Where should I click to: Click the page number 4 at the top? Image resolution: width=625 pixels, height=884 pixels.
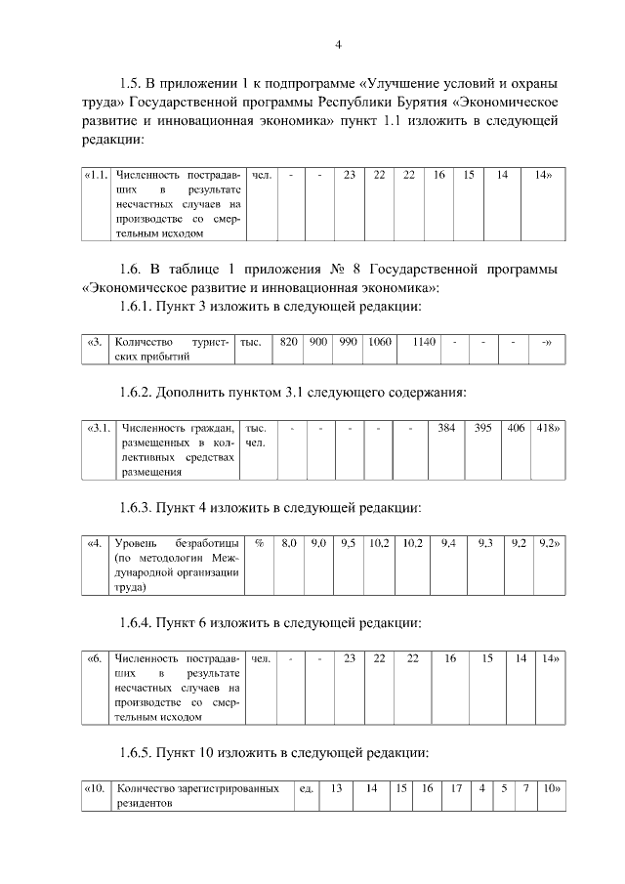[338, 45]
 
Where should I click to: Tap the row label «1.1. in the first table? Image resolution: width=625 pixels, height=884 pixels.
[95, 175]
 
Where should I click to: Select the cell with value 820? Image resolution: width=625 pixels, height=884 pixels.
[289, 342]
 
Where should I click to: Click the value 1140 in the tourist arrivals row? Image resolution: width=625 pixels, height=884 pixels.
[423, 342]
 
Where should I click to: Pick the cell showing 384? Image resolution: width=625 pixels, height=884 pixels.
[446, 428]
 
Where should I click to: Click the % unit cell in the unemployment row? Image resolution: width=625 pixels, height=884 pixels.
[259, 542]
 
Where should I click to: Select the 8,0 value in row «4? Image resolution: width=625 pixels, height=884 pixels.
[289, 542]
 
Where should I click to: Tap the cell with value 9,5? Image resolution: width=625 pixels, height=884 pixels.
[348, 542]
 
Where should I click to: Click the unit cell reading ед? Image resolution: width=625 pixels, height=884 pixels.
[306, 788]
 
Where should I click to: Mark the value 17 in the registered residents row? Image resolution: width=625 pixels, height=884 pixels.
[455, 788]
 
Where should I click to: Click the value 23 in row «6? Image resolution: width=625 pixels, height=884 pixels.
[349, 658]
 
